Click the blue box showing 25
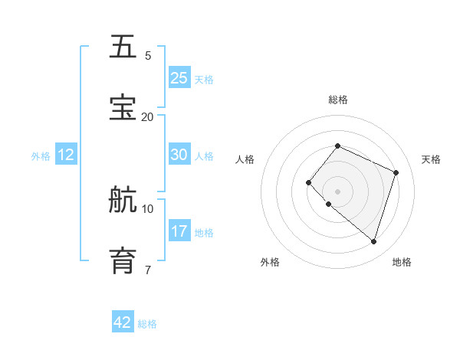pyautogui.click(x=179, y=78)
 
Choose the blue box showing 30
pyautogui.click(x=179, y=155)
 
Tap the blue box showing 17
pyautogui.click(x=179, y=231)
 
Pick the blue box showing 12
pyautogui.click(x=66, y=155)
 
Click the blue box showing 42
pyautogui.click(x=123, y=322)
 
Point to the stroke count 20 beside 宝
pyautogui.click(x=147, y=116)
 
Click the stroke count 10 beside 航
pyautogui.click(x=147, y=208)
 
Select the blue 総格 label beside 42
pyautogui.click(x=147, y=324)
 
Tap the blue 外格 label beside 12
pyautogui.click(x=41, y=156)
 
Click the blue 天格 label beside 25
pyautogui.click(x=204, y=80)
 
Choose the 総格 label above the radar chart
pyautogui.click(x=337, y=100)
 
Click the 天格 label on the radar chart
pyautogui.click(x=431, y=159)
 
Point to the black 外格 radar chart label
pyautogui.click(x=270, y=262)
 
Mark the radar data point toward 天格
pyautogui.click(x=396, y=172)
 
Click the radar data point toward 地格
pyautogui.click(x=373, y=242)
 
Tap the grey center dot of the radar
pyautogui.click(x=337, y=191)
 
